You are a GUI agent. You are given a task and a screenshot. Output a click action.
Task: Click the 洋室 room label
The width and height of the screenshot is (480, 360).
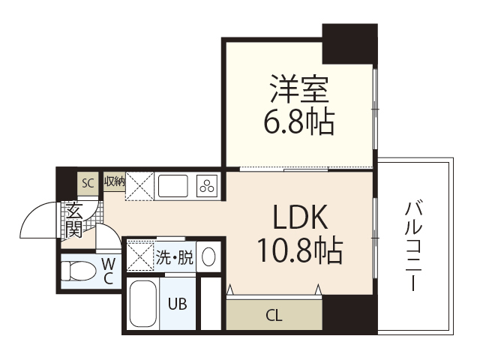298,89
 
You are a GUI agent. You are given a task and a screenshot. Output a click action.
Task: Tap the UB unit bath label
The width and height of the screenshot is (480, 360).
177,304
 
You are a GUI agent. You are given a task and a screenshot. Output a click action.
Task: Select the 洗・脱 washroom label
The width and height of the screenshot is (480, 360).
174,257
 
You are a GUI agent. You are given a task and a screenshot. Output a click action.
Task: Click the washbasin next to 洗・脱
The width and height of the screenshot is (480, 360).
209,256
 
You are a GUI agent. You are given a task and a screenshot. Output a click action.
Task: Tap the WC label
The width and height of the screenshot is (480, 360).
108,271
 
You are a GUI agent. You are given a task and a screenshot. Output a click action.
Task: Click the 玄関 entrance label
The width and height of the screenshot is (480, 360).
73,220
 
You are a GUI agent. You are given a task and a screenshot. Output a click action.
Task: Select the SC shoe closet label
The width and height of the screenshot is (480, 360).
88,182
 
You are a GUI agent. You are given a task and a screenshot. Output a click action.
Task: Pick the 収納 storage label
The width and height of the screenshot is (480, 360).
114,181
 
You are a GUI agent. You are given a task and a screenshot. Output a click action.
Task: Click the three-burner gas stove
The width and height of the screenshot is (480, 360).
207,184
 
